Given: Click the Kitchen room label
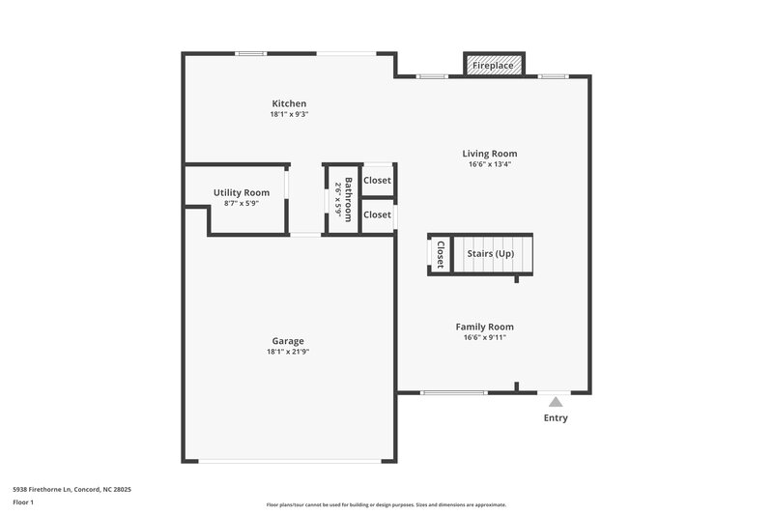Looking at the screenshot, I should pos(289,103).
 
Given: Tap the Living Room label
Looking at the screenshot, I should pos(489,154).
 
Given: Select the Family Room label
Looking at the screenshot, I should pos(485,327).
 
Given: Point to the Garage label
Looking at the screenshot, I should pos(288,341).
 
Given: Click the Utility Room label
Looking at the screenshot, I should pos(242,193).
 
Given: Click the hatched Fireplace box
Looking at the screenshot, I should pos(493,66).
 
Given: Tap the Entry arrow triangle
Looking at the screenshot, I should pos(555,401).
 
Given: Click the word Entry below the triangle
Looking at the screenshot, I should pos(556,418).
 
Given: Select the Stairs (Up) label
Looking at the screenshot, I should pos(491,254).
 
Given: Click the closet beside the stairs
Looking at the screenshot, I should pos(440,254).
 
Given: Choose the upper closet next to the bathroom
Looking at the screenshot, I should pos(377,181).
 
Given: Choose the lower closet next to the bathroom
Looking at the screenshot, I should pos(377,215).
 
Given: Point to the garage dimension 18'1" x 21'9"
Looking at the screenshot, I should pos(288,353).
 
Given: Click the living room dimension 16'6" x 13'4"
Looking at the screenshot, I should pos(489,164).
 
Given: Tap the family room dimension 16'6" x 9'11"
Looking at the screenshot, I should pos(485,337).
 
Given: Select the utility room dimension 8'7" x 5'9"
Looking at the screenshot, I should pos(242,203).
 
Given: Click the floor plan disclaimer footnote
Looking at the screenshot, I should pos(386,504).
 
